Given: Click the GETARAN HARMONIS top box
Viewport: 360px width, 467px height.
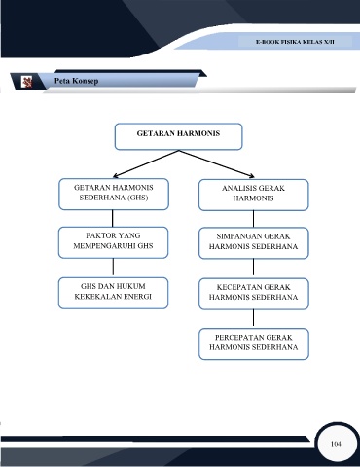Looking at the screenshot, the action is pyautogui.click(x=178, y=136).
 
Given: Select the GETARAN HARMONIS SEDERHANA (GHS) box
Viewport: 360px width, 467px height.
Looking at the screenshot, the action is pyautogui.click(x=114, y=194).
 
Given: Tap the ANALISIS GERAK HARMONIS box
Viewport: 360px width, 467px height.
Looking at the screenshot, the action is pyautogui.click(x=254, y=195).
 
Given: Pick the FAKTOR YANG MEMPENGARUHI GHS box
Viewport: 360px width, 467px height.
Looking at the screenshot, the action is pyautogui.click(x=113, y=242).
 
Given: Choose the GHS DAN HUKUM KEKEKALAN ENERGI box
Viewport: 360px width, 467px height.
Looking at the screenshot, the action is pyautogui.click(x=113, y=293).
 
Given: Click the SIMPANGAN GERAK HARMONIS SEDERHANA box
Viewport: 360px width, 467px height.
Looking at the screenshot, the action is pyautogui.click(x=254, y=243).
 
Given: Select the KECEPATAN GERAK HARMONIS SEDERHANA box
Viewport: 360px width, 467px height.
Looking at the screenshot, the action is pyautogui.click(x=254, y=294).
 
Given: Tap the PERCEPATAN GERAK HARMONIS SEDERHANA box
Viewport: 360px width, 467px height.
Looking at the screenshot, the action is pyautogui.click(x=254, y=344).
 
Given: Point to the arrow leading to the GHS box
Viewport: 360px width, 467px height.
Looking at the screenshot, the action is pyautogui.click(x=146, y=163).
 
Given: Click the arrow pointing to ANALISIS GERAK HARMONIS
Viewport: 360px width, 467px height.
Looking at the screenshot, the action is pyautogui.click(x=217, y=163).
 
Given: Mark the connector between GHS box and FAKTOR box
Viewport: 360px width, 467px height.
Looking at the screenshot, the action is pyautogui.click(x=113, y=218).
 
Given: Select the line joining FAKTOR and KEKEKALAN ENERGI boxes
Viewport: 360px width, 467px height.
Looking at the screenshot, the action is pyautogui.click(x=113, y=268).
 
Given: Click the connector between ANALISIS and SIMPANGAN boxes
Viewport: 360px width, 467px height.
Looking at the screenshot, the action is pyautogui.click(x=253, y=219).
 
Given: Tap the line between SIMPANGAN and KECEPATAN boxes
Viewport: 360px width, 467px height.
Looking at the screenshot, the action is pyautogui.click(x=253, y=269).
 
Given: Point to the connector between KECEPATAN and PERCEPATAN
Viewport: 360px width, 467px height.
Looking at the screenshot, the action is pyautogui.click(x=253, y=319).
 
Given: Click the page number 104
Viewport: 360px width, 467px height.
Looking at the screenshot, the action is pyautogui.click(x=336, y=444).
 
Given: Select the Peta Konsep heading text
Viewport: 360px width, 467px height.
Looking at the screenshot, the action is pyautogui.click(x=76, y=81).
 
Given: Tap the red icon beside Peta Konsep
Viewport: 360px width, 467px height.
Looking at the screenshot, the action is pyautogui.click(x=26, y=82).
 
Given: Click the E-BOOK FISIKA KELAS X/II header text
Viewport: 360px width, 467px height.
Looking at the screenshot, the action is pyautogui.click(x=295, y=42).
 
